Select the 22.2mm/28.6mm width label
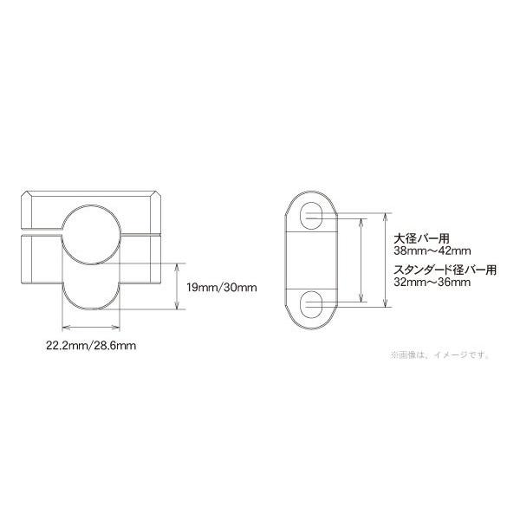tap(91, 344)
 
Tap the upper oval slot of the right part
tap(312, 217)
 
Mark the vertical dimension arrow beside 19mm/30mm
tap(177, 286)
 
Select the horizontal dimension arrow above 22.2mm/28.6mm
tap(90, 327)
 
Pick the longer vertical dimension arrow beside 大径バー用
tap(386, 259)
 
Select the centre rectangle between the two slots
tap(312, 259)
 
